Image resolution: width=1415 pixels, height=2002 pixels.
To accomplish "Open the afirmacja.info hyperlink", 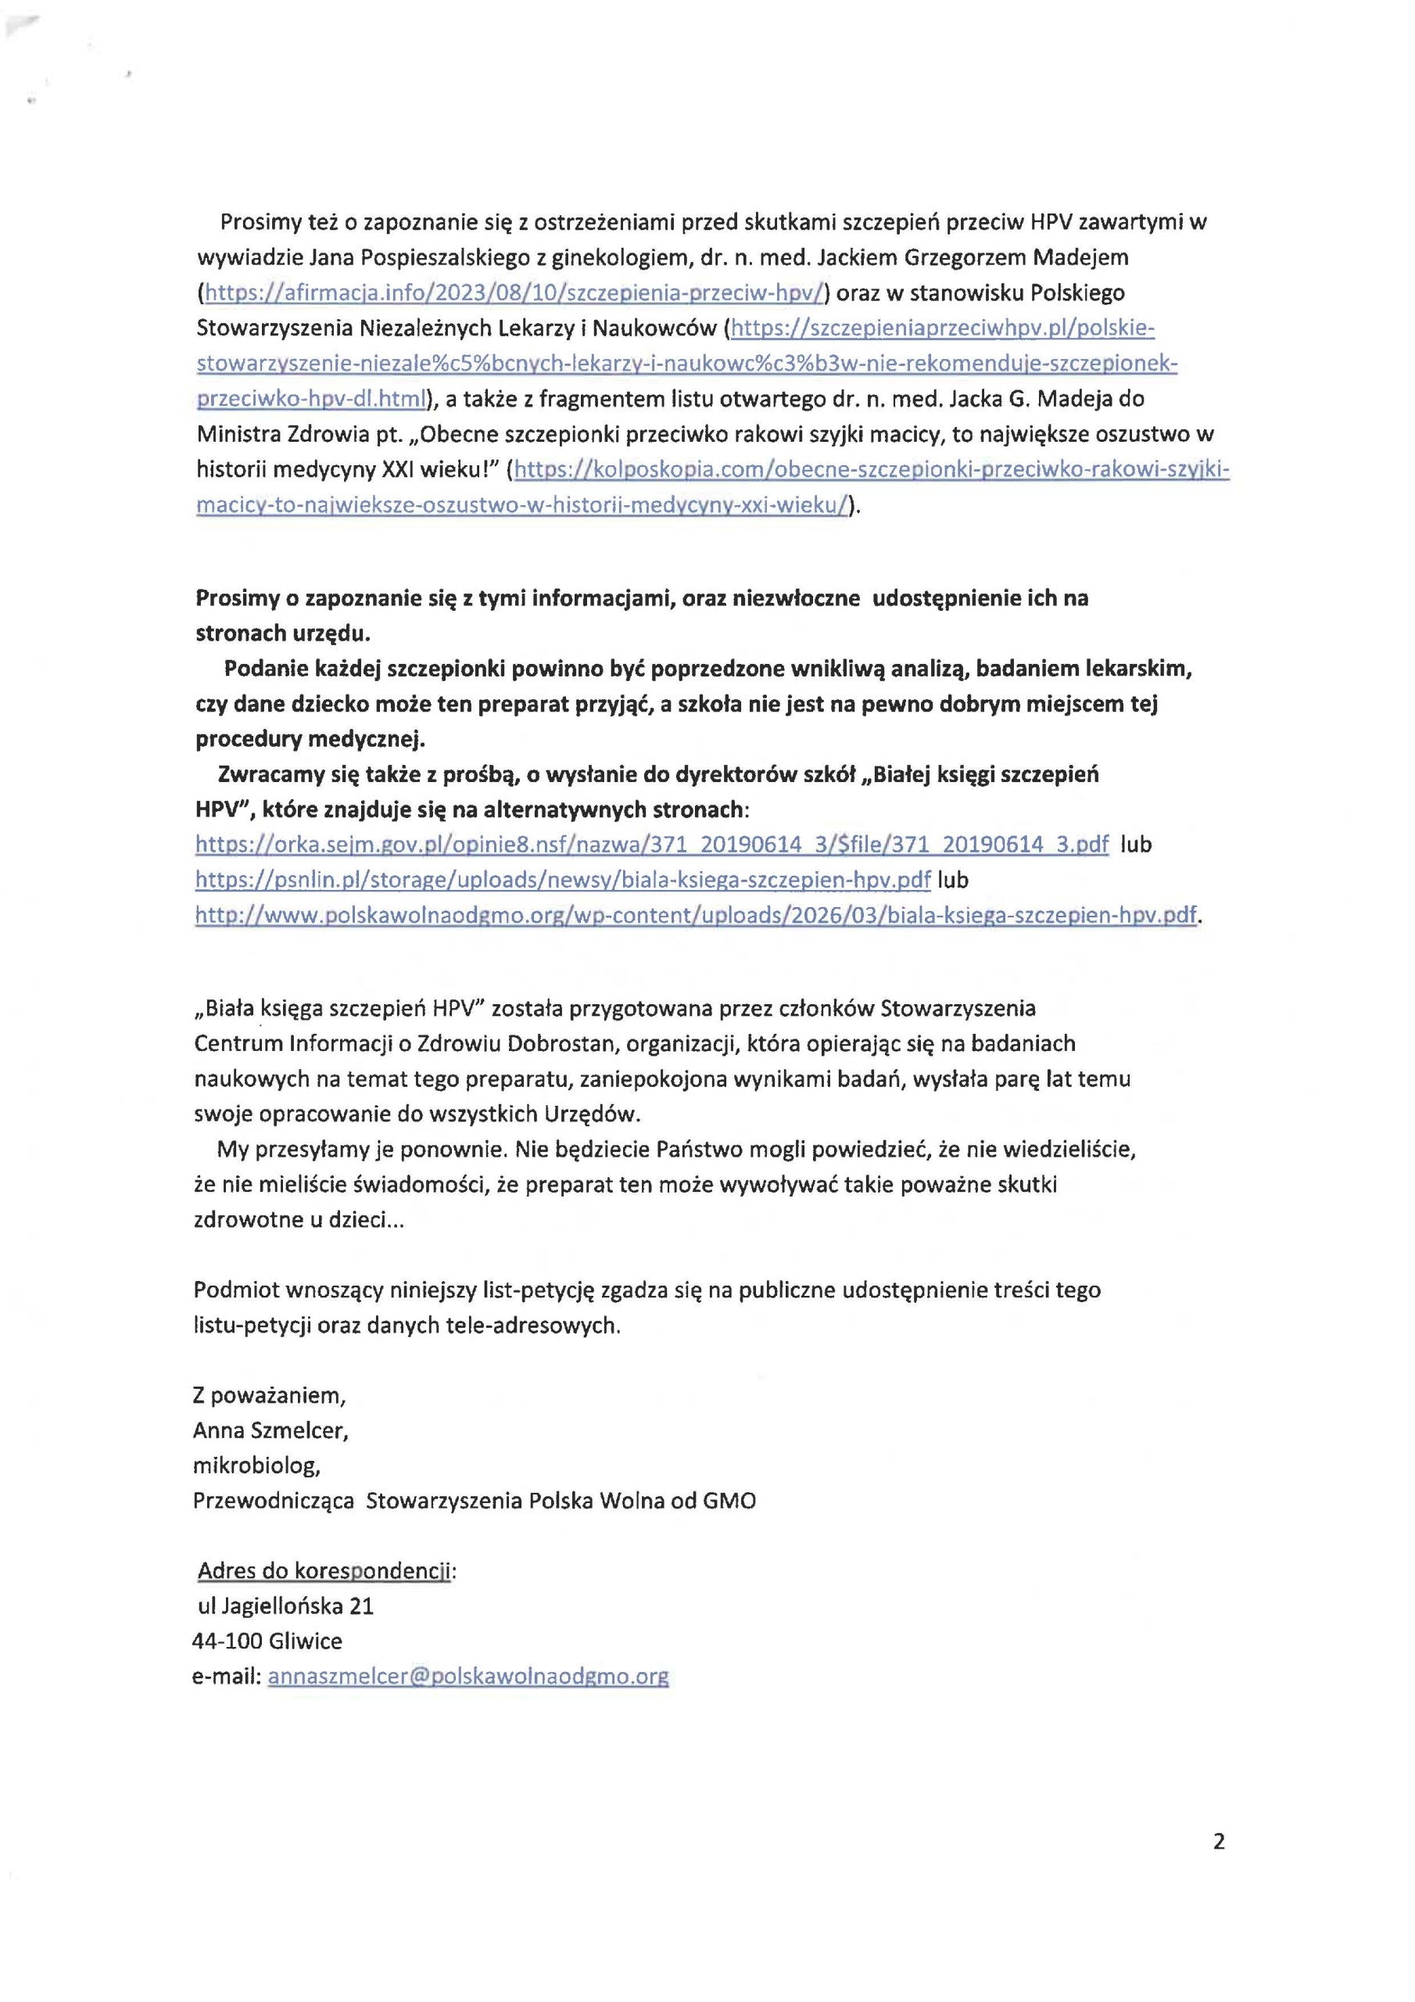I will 514,293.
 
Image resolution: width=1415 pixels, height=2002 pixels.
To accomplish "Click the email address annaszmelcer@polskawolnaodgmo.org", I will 468,1676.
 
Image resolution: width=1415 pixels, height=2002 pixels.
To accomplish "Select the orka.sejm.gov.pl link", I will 651,844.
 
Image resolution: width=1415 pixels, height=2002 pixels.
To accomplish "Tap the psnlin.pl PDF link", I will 562,880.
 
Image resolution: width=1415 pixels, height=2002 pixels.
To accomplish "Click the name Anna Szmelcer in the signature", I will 270,1430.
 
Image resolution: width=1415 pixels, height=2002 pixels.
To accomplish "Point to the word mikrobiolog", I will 256,1465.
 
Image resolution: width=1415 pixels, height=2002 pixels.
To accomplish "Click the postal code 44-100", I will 227,1640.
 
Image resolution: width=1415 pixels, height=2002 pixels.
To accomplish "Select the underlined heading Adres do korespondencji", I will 324,1570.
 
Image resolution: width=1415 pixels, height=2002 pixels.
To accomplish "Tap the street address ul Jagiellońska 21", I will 286,1606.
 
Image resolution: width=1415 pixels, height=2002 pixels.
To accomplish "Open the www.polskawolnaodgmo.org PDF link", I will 695,916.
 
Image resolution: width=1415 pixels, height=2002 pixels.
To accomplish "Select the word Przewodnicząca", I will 274,1501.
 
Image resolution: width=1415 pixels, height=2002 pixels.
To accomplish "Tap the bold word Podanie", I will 265,669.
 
